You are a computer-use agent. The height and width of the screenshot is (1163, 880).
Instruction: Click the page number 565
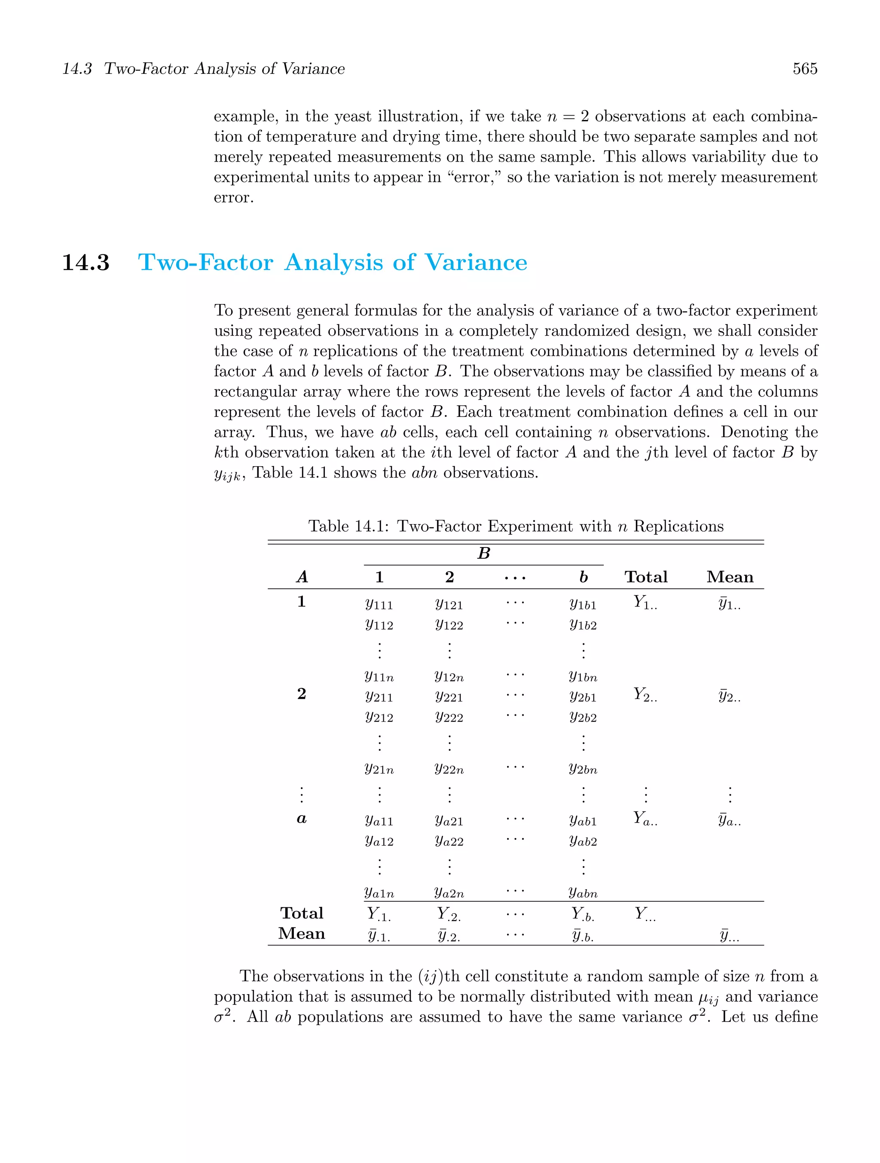coord(804,69)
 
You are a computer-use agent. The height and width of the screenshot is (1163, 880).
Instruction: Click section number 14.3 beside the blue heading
coord(86,262)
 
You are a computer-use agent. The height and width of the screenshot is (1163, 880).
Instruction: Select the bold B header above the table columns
coord(484,554)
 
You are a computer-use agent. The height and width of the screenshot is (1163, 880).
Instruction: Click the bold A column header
coord(302,577)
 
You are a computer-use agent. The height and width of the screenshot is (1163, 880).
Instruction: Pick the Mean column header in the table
coord(730,577)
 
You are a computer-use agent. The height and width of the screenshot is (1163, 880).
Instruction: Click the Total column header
coord(645,577)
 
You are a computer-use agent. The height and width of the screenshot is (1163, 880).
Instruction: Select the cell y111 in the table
coord(379,605)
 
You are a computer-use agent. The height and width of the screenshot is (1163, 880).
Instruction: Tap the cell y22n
coord(449,769)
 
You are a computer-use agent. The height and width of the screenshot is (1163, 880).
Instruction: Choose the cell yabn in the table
coord(583,892)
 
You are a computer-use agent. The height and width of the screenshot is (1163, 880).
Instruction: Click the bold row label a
coord(302,819)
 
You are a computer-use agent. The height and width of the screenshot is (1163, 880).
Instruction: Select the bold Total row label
coord(302,913)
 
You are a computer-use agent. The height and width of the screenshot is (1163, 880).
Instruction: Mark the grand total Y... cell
coord(645,914)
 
